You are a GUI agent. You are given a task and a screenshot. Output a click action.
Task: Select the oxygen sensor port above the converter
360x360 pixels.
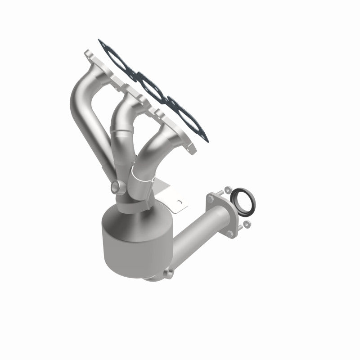click(x=115, y=186)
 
